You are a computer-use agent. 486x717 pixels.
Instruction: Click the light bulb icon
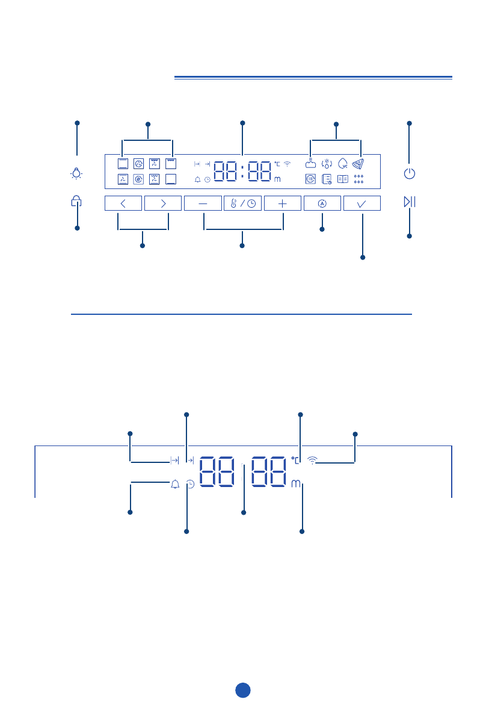click(77, 174)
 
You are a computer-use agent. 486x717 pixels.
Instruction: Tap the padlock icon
click(76, 202)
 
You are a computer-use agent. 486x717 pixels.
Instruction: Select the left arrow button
click(123, 203)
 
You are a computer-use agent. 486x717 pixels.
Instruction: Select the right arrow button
click(163, 203)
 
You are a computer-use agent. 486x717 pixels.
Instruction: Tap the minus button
click(202, 203)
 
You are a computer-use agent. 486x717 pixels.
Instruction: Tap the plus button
click(282, 203)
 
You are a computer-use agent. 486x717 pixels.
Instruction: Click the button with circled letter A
click(322, 203)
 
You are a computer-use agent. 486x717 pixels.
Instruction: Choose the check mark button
click(362, 203)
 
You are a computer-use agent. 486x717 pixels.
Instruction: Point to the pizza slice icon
click(359, 163)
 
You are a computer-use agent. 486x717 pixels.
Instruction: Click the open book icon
click(343, 179)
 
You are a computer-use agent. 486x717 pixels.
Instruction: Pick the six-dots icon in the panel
click(359, 179)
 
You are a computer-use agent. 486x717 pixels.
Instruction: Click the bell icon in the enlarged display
click(175, 483)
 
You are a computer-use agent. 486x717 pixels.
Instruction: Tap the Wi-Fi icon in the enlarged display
click(312, 461)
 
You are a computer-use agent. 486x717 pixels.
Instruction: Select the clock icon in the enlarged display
click(190, 483)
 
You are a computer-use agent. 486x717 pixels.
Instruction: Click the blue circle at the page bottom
click(242, 690)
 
